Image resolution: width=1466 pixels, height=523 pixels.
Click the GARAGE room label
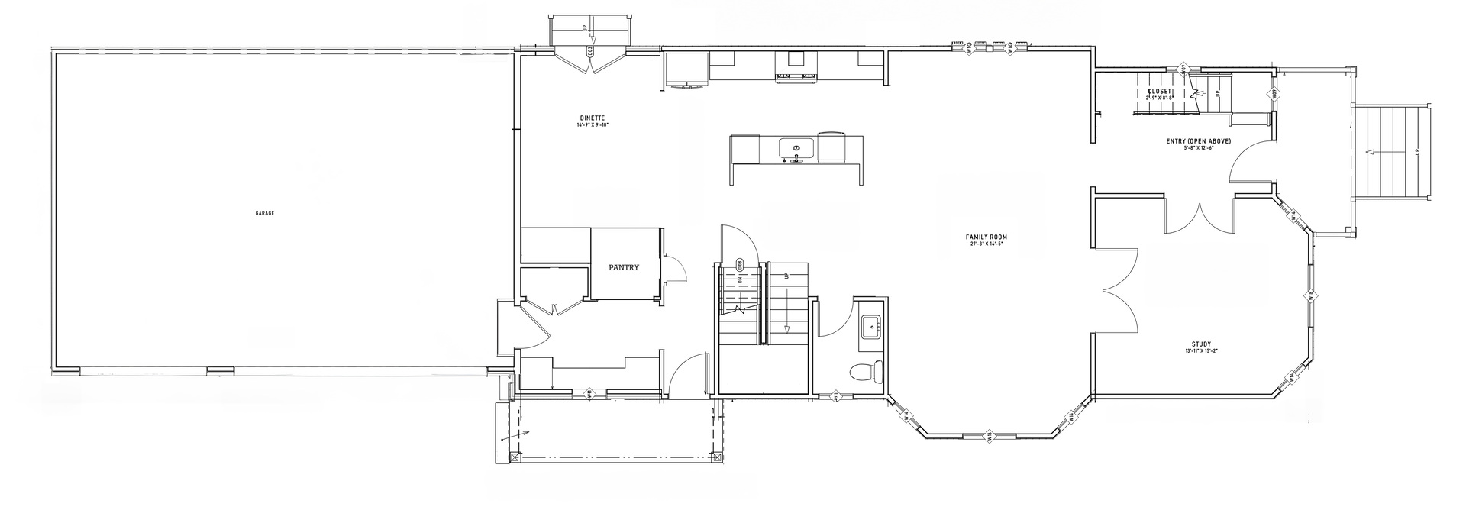coord(264,214)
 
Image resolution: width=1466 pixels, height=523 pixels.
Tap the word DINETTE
coord(593,118)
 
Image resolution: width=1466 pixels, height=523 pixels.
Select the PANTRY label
coord(623,268)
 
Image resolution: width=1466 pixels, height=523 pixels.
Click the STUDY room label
coord(1201,344)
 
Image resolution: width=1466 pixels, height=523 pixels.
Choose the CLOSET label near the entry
coord(1159,92)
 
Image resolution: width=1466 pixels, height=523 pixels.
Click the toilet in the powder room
coord(866,371)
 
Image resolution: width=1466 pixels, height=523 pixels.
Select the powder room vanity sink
coord(869,327)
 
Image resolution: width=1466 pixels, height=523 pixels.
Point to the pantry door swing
coord(675,269)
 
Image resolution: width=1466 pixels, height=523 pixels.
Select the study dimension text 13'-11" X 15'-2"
coord(1201,351)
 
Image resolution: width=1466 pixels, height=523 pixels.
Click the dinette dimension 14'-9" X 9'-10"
coord(593,124)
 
